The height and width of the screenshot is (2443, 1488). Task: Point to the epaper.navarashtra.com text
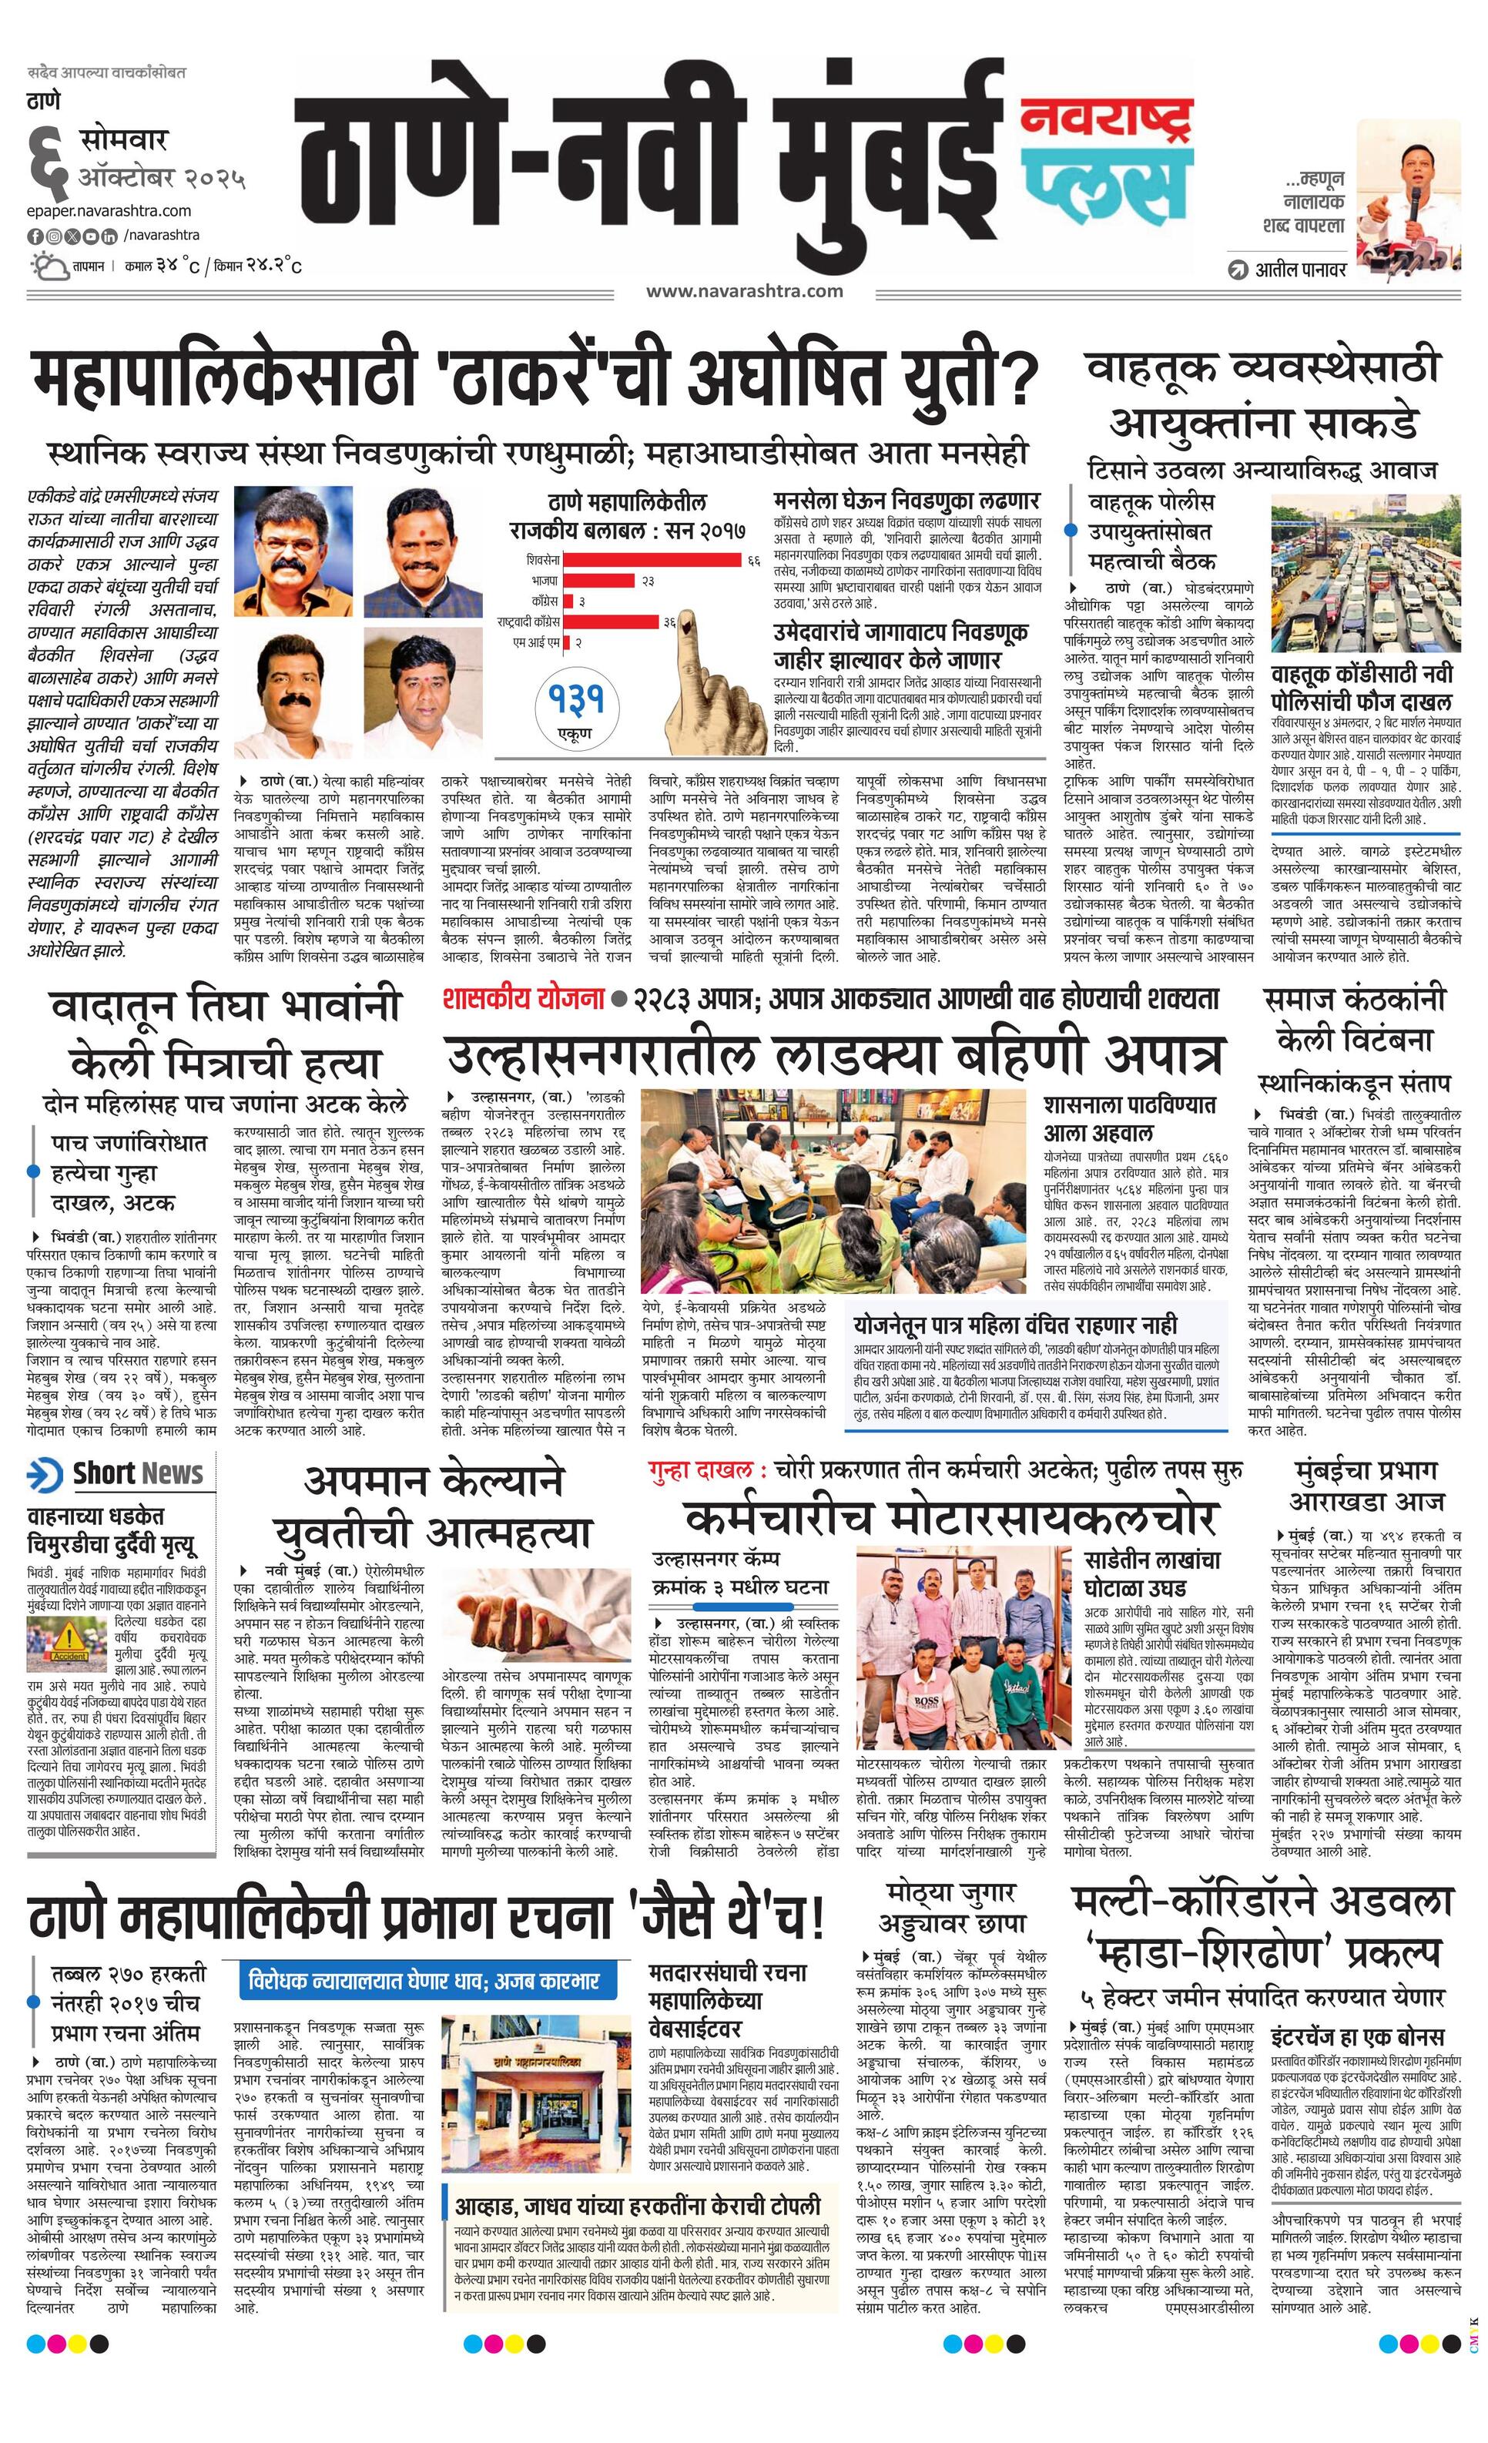[109, 210]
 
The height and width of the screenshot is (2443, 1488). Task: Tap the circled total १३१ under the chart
[574, 700]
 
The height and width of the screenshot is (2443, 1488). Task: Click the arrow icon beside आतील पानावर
[1237, 269]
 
